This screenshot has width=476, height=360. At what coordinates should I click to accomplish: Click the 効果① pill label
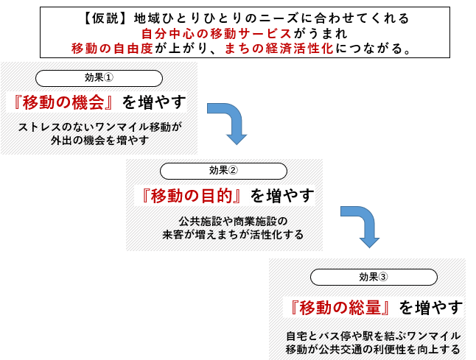[x=98, y=78]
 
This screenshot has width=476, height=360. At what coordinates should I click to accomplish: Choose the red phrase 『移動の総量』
[x=340, y=306]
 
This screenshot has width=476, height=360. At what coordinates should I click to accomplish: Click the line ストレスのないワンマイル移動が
[x=99, y=127]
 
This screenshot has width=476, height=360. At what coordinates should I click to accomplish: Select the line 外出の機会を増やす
[x=99, y=140]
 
